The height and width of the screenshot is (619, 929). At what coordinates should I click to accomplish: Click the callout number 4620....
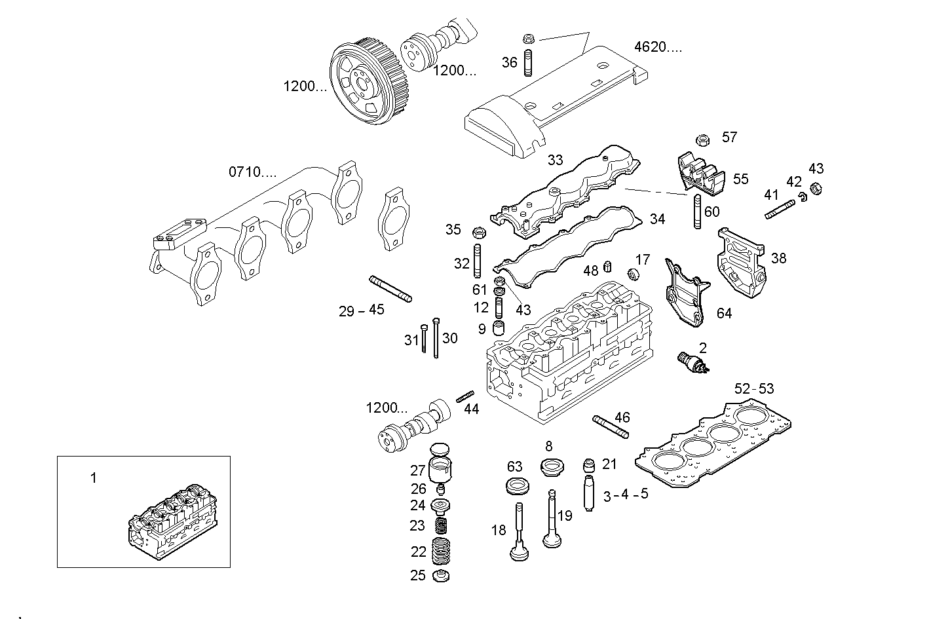point(657,47)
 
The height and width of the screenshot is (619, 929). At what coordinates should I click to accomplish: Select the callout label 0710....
point(252,172)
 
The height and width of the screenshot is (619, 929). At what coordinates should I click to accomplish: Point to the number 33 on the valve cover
point(555,160)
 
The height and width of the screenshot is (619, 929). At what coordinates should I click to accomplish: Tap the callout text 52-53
point(753,388)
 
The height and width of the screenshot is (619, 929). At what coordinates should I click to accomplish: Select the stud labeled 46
point(611,426)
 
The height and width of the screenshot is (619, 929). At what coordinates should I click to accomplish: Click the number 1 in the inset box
point(93,478)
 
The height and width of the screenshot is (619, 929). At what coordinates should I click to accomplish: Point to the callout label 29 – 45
point(361,310)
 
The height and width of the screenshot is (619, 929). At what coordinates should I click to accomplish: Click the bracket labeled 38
point(741,263)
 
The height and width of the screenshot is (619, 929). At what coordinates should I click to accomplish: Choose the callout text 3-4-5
point(625,495)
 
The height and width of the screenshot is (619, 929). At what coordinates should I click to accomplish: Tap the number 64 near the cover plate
point(723,313)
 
